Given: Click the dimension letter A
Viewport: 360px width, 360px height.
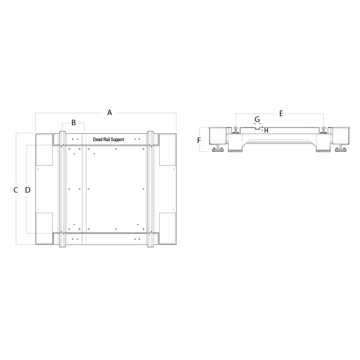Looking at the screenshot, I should pos(109,112).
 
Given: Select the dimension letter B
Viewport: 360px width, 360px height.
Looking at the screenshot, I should pos(73,123).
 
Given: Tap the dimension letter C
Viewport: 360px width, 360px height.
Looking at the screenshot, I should pos(16,190).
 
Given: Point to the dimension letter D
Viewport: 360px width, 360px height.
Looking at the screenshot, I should pos(28,190).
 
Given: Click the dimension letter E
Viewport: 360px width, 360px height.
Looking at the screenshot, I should pos(281,113).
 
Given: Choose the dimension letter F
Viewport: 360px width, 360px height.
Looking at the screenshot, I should pos(199,140).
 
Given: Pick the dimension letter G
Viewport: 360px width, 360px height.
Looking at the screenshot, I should pos(257,120).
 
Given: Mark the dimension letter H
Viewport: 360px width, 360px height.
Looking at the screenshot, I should pos(266,130).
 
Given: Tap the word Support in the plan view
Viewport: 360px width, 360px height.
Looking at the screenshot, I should pos(118,140).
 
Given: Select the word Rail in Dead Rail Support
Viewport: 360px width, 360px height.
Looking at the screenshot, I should pos(107,140).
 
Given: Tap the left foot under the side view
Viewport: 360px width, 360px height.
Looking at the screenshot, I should pos(217,151).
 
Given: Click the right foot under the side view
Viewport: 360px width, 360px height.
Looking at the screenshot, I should pos(341,151).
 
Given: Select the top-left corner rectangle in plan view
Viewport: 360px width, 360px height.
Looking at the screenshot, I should pos(44,150).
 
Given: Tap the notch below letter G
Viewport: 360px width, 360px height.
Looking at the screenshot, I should pos(257,127).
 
